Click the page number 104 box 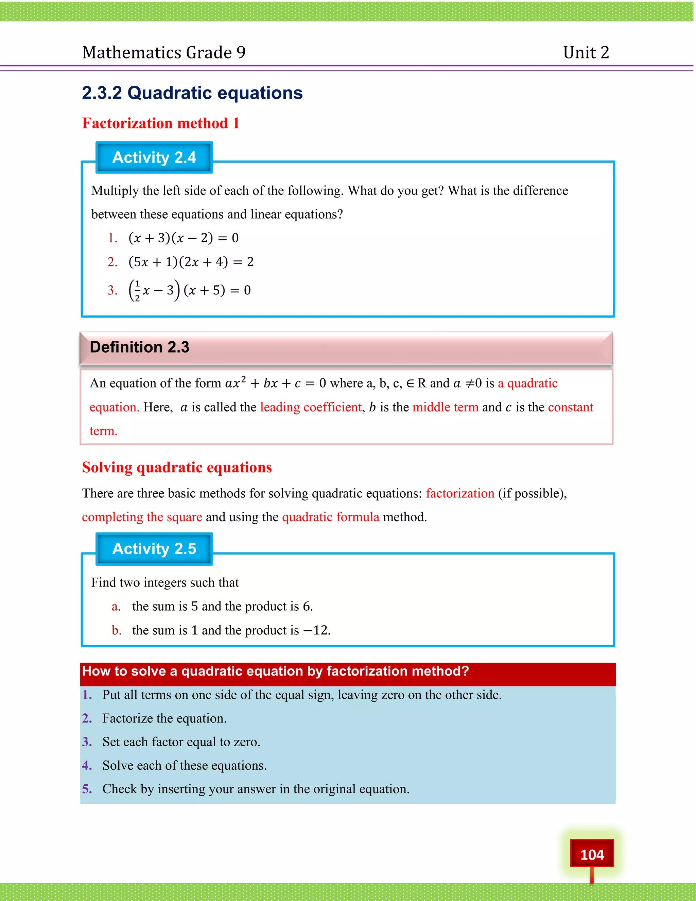click(591, 854)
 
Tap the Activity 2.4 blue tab click(154, 157)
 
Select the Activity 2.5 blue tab click(154, 549)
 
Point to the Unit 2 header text click(586, 52)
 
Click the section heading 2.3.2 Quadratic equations click(192, 93)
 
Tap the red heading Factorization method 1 click(161, 123)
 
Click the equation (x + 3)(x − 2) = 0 click(184, 238)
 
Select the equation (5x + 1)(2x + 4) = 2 click(191, 262)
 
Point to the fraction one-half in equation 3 click(137, 290)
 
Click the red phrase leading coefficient click(311, 407)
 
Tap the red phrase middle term click(445, 407)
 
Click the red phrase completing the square click(142, 517)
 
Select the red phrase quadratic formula click(330, 517)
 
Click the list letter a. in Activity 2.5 click(116, 607)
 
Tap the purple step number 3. click(87, 742)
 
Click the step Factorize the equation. click(164, 718)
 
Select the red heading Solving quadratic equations click(177, 468)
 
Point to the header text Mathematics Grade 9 click(164, 52)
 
